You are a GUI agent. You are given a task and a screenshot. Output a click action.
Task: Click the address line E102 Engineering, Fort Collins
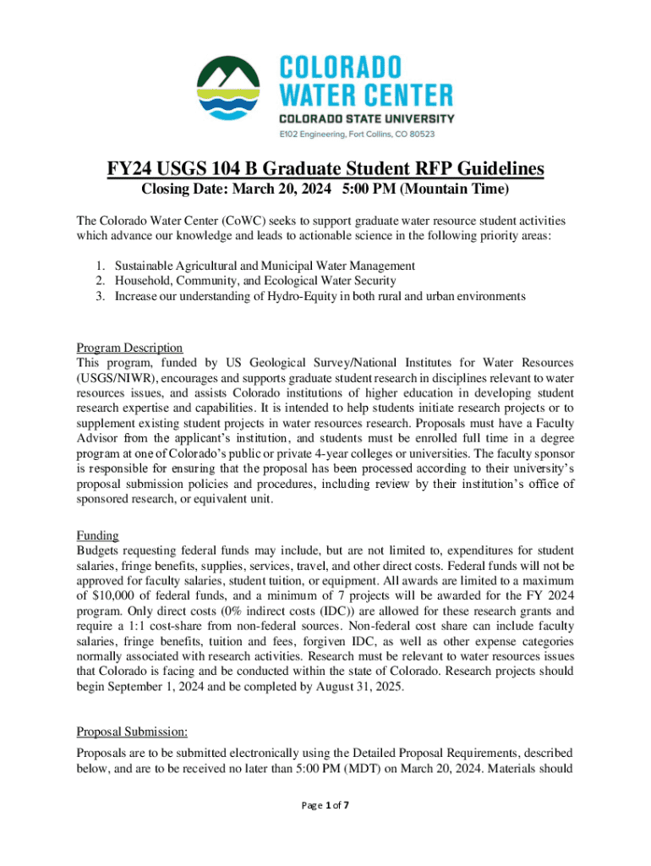[x=357, y=134]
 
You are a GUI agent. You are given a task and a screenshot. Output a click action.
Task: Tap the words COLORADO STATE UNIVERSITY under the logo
[x=367, y=118]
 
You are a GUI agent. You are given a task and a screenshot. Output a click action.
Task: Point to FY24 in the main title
[x=134, y=169]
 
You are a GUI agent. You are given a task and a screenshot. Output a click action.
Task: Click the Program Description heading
[x=129, y=348]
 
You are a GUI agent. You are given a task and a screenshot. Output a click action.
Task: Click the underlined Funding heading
[x=97, y=535]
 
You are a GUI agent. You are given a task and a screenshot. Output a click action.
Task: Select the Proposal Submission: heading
[x=131, y=732]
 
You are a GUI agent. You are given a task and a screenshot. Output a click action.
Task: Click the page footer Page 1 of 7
[x=325, y=804]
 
